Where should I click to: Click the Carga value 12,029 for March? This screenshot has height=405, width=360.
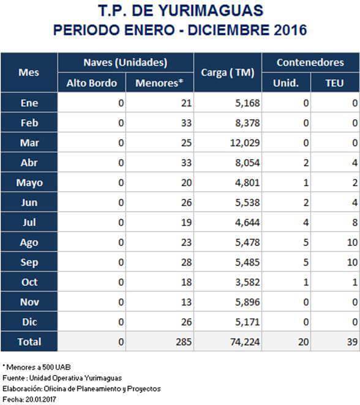click(x=245, y=143)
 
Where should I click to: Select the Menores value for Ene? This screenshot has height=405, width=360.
click(x=186, y=103)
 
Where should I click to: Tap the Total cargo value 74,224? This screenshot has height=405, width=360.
click(x=245, y=342)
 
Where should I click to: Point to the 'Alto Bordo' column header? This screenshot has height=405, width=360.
click(x=92, y=83)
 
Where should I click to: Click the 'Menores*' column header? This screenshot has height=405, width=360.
click(x=159, y=83)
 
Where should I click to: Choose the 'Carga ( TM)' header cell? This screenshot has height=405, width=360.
click(x=228, y=73)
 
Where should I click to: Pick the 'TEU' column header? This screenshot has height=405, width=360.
click(x=335, y=83)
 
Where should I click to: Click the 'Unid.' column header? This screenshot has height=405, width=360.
click(x=286, y=83)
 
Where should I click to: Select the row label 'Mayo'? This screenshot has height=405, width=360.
click(x=29, y=183)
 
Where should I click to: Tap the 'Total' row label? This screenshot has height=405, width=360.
click(x=29, y=342)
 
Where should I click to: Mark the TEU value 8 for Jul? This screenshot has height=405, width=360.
click(x=355, y=223)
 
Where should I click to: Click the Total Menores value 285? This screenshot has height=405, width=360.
click(x=184, y=342)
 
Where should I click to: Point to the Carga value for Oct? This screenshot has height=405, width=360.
click(x=247, y=282)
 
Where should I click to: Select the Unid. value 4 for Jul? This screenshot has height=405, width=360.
click(x=306, y=223)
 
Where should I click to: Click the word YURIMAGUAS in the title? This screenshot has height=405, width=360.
click(x=211, y=11)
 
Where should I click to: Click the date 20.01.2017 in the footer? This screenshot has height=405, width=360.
click(x=40, y=399)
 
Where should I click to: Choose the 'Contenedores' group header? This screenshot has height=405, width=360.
click(x=310, y=62)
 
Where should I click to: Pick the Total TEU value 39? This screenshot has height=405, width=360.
click(x=353, y=342)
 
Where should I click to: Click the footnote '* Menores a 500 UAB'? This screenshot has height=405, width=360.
click(x=37, y=367)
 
